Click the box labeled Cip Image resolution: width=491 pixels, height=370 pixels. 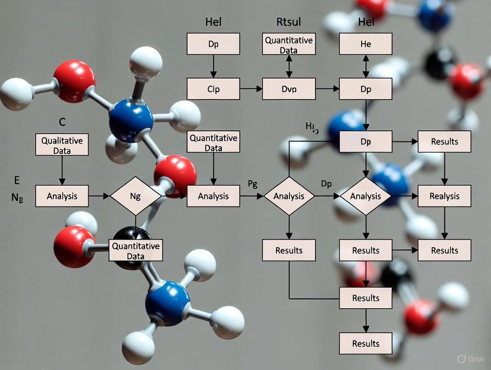213,88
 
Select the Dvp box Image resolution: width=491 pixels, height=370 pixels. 289,88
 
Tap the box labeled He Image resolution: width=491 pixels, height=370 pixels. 366,44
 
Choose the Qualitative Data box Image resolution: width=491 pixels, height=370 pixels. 62,145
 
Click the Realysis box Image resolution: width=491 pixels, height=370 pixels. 444,196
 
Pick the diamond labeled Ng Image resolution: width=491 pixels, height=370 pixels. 136,196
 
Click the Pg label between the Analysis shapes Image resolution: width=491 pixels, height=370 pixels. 252,185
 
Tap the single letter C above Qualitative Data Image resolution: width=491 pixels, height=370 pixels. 62,121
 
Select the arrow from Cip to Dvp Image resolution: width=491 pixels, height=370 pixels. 251,89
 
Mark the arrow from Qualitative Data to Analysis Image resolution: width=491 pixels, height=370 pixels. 62,170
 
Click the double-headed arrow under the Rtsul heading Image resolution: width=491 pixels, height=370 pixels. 289,66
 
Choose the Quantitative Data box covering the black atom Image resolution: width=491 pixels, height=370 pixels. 136,250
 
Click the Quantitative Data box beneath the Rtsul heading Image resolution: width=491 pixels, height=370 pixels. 289,44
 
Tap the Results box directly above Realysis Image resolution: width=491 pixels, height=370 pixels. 444,141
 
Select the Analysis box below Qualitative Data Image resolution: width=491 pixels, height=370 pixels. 62,196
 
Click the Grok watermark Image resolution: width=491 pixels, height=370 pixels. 472,358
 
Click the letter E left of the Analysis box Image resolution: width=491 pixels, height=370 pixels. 17,180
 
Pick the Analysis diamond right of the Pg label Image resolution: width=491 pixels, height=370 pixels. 289,196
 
